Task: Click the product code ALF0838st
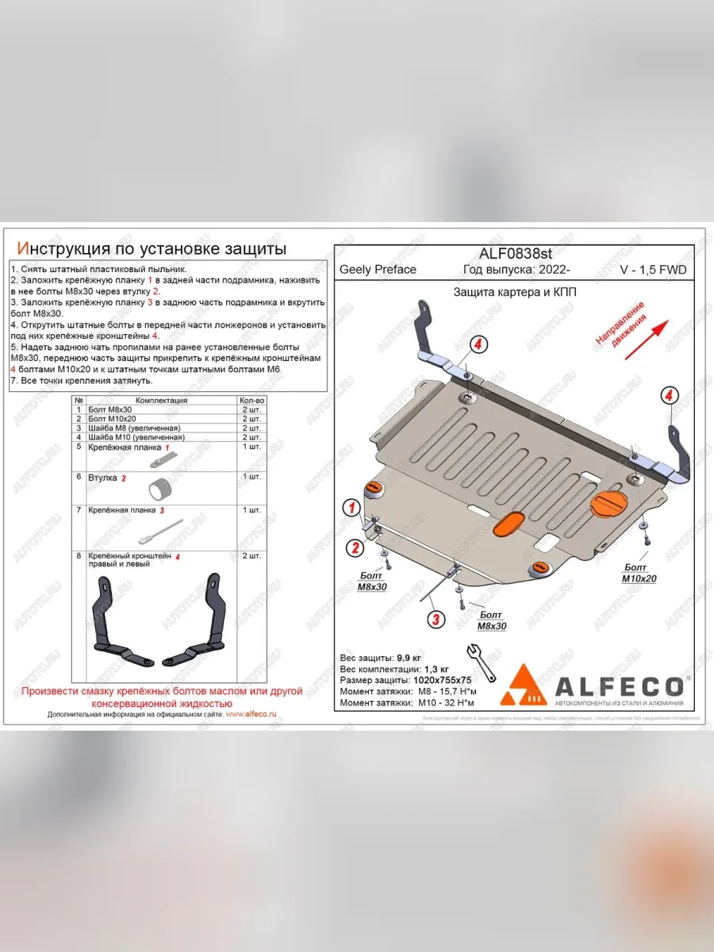(515, 253)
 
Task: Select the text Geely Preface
(378, 270)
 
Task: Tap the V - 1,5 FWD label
(653, 270)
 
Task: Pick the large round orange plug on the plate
(608, 504)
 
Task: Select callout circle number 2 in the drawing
(355, 547)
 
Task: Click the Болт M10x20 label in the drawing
(639, 573)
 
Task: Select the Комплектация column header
(162, 401)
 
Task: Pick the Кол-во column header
(252, 401)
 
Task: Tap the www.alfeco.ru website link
(251, 714)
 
